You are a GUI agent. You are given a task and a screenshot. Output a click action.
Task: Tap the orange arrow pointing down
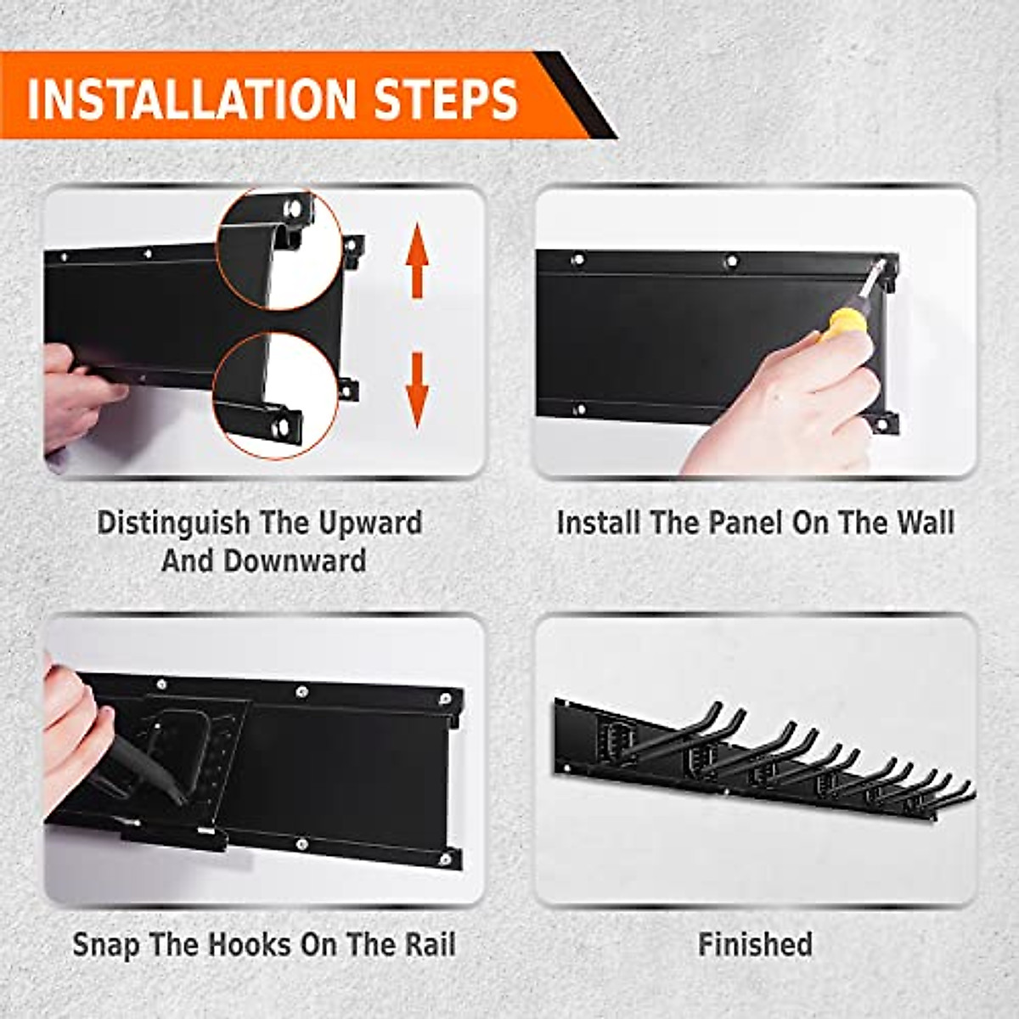(416, 390)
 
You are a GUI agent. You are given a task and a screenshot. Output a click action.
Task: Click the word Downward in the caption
(307, 561)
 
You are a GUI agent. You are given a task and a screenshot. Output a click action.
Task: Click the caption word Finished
(755, 943)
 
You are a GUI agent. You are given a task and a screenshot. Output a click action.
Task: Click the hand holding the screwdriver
(790, 408)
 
